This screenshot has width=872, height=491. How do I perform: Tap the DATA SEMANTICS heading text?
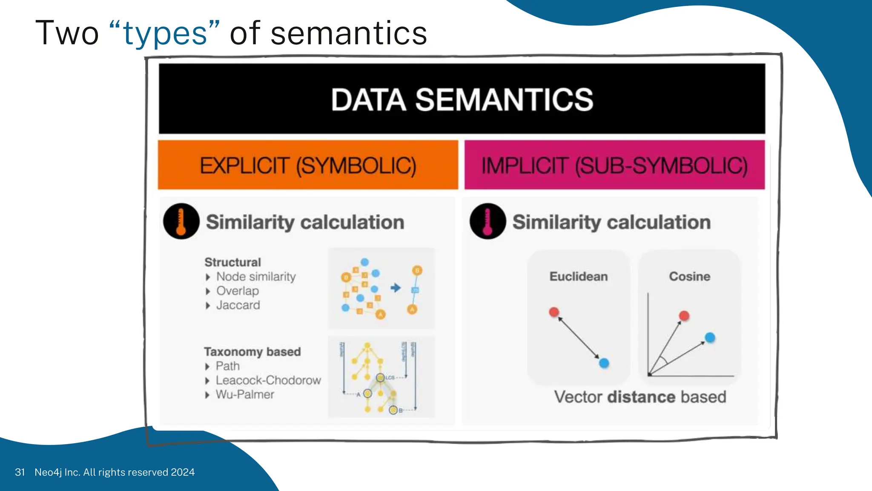click(x=462, y=100)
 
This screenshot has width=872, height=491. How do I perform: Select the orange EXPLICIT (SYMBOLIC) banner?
click(x=308, y=165)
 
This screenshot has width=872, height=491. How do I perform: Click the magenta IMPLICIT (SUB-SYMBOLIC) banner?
click(x=614, y=165)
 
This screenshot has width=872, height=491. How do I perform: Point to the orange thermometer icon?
click(x=181, y=221)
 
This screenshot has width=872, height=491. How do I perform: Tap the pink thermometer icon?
click(x=488, y=221)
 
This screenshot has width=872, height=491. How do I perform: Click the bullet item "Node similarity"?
click(x=256, y=277)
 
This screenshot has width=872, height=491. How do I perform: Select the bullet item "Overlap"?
click(x=238, y=291)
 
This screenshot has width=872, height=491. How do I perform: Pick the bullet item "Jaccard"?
click(x=238, y=305)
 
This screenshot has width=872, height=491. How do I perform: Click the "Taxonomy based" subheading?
click(x=252, y=352)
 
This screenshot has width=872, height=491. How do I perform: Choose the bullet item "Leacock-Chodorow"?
click(x=268, y=380)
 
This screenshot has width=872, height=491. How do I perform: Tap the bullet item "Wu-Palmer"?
click(x=245, y=395)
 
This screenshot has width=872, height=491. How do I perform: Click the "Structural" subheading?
click(x=232, y=262)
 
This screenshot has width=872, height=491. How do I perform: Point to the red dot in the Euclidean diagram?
click(x=554, y=312)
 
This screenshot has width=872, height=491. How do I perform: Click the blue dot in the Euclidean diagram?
click(x=604, y=363)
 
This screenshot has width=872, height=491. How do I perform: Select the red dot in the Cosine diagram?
click(x=684, y=316)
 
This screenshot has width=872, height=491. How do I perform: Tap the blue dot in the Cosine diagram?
click(x=710, y=338)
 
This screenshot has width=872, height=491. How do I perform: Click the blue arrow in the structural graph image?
click(x=396, y=288)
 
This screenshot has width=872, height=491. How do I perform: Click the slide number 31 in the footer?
click(x=20, y=472)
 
